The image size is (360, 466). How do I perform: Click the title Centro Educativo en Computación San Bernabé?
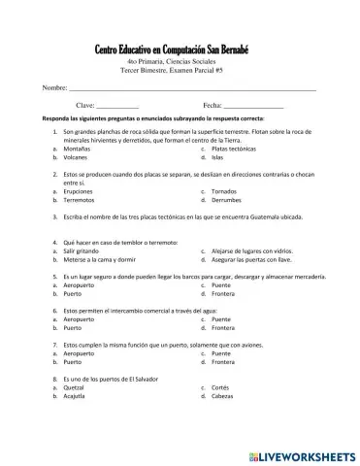[179, 50]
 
